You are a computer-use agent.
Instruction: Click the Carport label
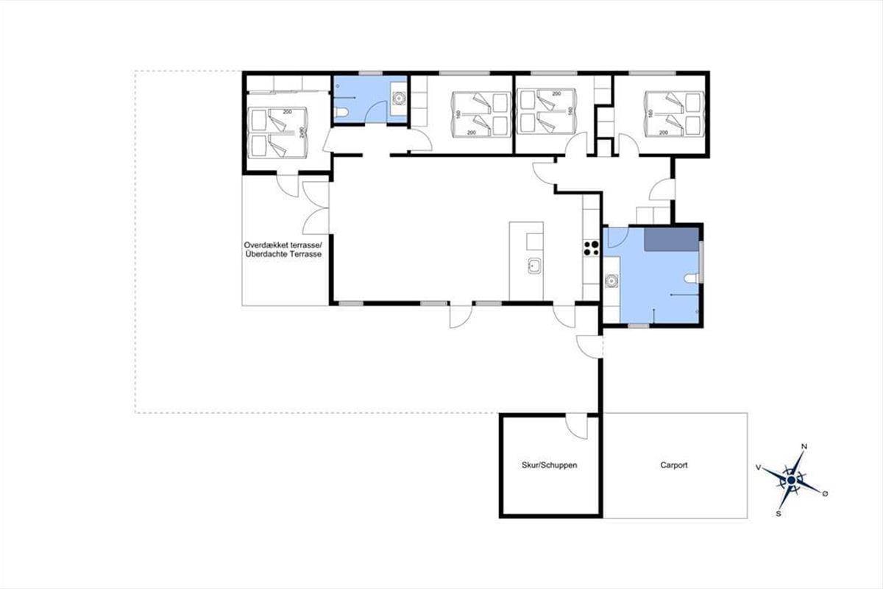point(674,465)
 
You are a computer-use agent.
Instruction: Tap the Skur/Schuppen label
point(549,465)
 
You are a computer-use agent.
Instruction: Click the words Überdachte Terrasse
point(283,254)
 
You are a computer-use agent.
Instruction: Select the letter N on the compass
point(804,446)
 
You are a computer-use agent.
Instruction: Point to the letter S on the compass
point(779,514)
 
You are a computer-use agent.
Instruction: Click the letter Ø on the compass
point(825,493)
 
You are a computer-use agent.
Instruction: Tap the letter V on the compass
point(758,467)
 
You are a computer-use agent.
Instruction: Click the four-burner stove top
point(592,248)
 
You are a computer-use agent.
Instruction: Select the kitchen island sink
point(534,267)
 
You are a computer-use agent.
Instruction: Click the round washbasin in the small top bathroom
point(399,97)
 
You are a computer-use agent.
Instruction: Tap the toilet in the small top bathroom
point(341,113)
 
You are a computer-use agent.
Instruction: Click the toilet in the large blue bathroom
point(692,278)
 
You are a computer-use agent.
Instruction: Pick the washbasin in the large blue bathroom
point(611,281)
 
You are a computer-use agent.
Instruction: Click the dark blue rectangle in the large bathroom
point(671,239)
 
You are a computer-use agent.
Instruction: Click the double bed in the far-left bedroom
point(278,133)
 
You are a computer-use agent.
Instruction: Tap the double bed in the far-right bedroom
point(674,114)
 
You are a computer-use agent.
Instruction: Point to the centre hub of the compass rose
point(791,480)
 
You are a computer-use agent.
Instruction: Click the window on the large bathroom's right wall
point(701,261)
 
